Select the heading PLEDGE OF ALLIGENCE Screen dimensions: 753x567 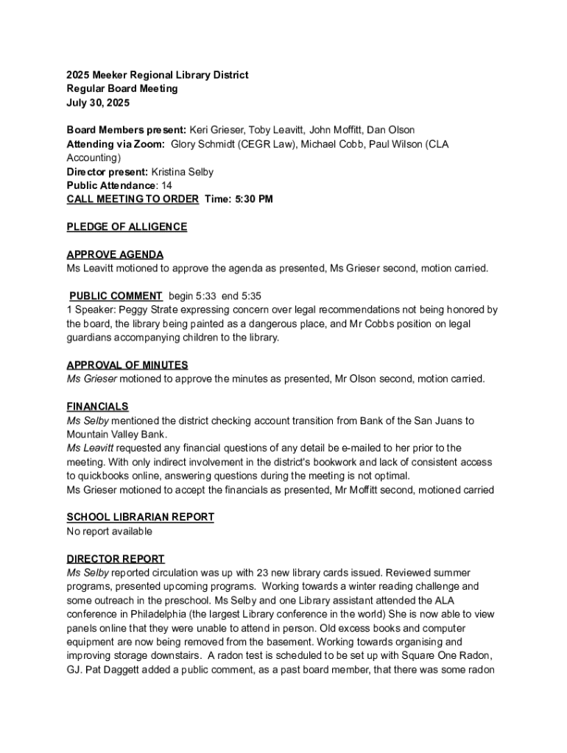tap(127, 227)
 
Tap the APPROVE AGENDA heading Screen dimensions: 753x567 tap(115, 254)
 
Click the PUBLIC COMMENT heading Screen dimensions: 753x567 tap(116, 296)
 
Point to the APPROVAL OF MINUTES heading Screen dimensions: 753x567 tap(127, 365)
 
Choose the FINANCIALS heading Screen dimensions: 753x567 tap(97, 407)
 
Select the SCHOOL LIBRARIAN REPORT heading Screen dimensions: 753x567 tap(140, 517)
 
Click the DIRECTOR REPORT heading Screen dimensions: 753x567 tap(116, 559)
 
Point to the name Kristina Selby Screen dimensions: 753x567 tap(182, 172)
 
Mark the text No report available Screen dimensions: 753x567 tap(110, 531)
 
